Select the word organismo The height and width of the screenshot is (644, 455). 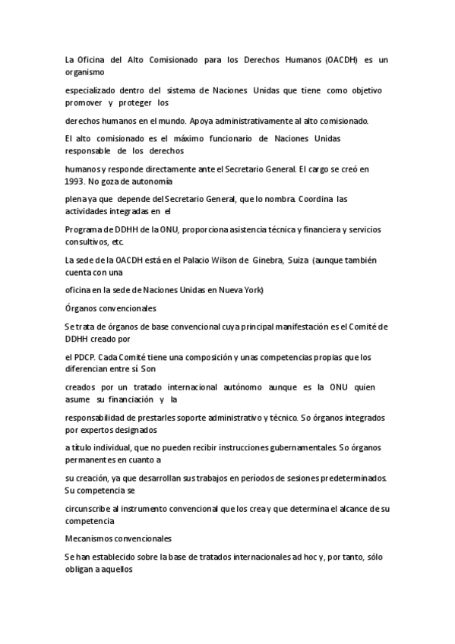[x=87, y=71]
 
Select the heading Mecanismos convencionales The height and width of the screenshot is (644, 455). [x=118, y=538]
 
